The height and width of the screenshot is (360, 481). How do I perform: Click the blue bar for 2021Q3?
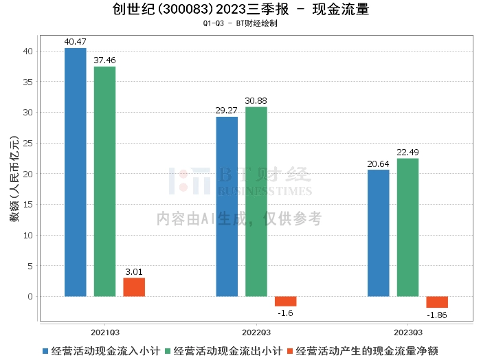(76, 172)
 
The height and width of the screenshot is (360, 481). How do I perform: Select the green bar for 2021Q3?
(105, 181)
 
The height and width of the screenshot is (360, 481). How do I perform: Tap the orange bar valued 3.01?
(134, 287)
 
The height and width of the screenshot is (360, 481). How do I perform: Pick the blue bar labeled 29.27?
(227, 207)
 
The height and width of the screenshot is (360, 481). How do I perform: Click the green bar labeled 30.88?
(256, 202)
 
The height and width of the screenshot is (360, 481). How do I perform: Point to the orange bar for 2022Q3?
(286, 302)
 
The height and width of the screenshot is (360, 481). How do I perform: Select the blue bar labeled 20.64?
(379, 233)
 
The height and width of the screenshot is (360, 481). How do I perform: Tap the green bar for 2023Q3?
(407, 227)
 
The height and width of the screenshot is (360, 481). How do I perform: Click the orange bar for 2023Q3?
(437, 302)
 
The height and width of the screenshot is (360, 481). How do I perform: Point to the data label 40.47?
(76, 42)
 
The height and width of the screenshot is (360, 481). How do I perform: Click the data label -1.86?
(437, 315)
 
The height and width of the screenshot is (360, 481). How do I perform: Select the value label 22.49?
(407, 152)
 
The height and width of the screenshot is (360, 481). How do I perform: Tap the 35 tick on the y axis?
(28, 82)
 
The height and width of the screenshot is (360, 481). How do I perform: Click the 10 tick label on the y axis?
(28, 236)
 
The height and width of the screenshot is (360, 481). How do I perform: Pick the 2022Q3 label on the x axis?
(256, 333)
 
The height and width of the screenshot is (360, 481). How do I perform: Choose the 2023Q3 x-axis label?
(408, 333)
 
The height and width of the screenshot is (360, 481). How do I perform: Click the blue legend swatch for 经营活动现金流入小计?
(45, 351)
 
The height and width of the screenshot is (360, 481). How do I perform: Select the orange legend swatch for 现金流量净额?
(290, 351)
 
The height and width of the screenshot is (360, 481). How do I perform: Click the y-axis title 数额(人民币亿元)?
(14, 179)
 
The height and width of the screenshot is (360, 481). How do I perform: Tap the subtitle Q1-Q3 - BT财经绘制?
(240, 23)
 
